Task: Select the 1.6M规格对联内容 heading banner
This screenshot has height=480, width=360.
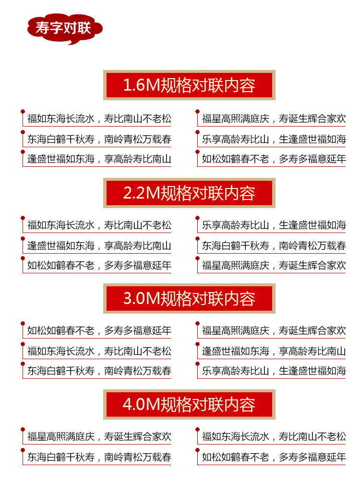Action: pyautogui.click(x=189, y=85)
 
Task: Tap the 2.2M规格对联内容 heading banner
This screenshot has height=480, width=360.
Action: pyautogui.click(x=189, y=193)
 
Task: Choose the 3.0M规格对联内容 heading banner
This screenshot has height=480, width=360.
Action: pyautogui.click(x=189, y=298)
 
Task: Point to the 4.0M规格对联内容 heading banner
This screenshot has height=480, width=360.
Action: pyautogui.click(x=189, y=404)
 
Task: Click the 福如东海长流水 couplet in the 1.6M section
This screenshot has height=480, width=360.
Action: pyautogui.click(x=99, y=119)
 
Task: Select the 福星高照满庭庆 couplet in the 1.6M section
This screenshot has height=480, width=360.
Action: pyautogui.click(x=274, y=119)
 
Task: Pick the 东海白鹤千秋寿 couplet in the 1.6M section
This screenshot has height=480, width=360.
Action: pyautogui.click(x=99, y=140)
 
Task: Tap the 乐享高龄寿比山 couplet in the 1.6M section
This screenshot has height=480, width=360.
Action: pyautogui.click(x=274, y=140)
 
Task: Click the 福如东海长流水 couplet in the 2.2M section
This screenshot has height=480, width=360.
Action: pyautogui.click(x=99, y=225)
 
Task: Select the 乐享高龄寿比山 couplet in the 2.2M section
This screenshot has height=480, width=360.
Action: pyautogui.click(x=274, y=225)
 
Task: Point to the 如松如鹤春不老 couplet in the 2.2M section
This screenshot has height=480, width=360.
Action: pyautogui.click(x=99, y=265)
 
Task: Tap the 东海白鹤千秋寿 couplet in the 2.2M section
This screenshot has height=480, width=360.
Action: pyautogui.click(x=274, y=246)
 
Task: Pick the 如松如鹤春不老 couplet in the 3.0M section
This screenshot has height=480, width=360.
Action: pyautogui.click(x=99, y=330)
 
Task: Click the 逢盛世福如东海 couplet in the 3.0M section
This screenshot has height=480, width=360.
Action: pyautogui.click(x=274, y=351)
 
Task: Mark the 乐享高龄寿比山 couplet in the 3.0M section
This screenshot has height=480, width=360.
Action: pyautogui.click(x=274, y=371)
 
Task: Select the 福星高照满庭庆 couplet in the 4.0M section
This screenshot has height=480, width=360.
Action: pyautogui.click(x=99, y=436)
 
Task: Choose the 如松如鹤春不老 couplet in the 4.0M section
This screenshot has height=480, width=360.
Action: pyautogui.click(x=274, y=457)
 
